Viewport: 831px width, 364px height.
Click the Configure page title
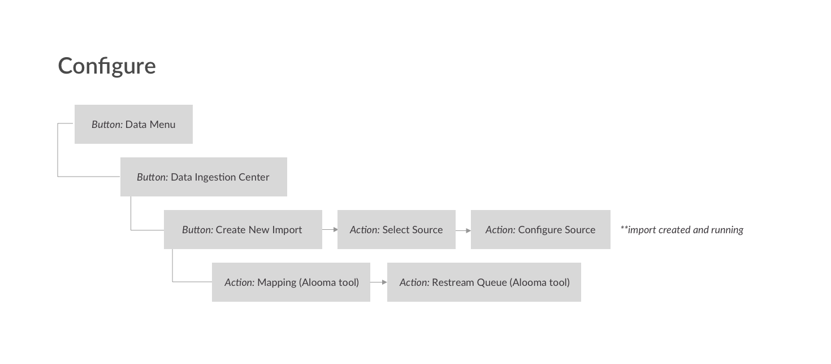tap(107, 66)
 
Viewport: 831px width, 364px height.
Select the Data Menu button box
tap(133, 124)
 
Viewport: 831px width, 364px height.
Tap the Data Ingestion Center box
tap(204, 177)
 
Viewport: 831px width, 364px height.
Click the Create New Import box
tap(243, 229)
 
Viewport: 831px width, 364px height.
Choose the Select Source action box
tap(397, 229)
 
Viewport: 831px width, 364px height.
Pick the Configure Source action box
tap(540, 229)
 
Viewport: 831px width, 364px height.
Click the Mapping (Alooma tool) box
tap(291, 282)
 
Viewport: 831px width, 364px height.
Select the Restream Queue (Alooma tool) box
tap(484, 282)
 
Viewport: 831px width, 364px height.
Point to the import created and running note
tap(682, 230)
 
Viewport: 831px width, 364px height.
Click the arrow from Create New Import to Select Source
tap(330, 229)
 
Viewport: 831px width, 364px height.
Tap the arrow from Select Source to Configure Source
tap(464, 230)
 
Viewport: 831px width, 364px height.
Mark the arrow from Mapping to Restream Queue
tap(379, 282)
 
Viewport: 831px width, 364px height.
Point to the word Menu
tap(162, 125)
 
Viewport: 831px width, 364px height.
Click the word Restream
tap(453, 282)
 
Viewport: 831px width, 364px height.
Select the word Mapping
tap(277, 283)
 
